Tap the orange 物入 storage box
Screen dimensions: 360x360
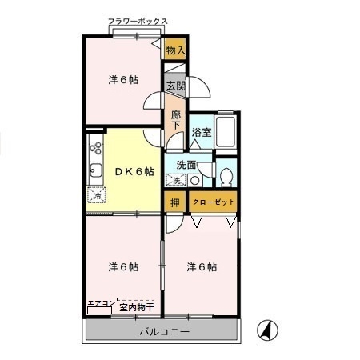tap(175, 50)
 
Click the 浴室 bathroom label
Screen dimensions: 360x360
tap(202, 133)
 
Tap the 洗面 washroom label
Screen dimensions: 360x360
tap(186, 165)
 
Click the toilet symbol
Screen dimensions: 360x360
tap(226, 174)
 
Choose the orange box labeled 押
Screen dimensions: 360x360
tap(175, 202)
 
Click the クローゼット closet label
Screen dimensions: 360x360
tap(214, 202)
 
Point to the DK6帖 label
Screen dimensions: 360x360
tap(133, 170)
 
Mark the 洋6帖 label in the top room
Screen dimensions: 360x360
tap(123, 80)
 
